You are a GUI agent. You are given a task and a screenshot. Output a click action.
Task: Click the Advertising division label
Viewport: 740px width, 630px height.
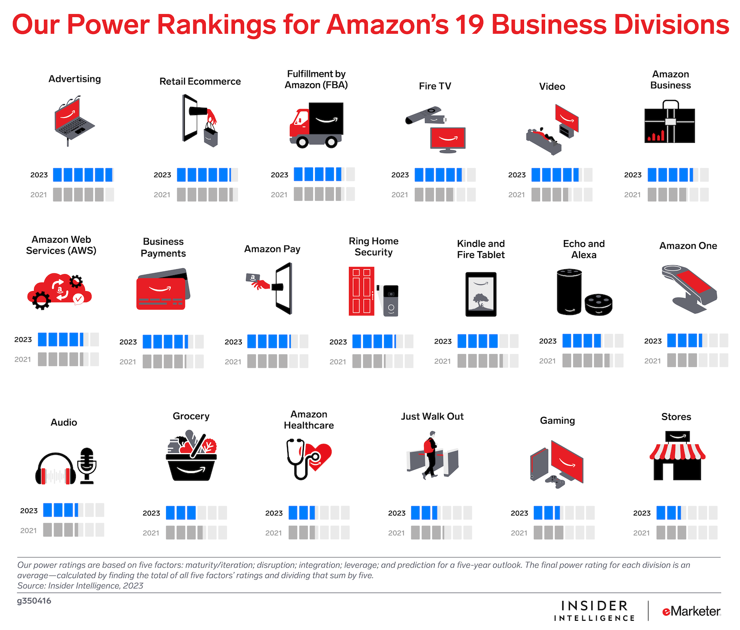click(x=74, y=79)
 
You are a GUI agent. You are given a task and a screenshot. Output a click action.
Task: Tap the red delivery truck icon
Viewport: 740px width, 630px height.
click(x=316, y=125)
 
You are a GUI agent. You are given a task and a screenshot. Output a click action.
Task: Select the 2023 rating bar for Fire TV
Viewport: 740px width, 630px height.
click(x=445, y=175)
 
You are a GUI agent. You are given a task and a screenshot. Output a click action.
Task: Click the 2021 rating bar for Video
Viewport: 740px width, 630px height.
click(x=561, y=195)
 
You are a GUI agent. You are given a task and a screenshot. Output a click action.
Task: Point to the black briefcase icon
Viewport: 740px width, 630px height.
click(x=669, y=124)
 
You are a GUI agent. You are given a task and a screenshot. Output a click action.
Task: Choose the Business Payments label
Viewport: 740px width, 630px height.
click(x=163, y=247)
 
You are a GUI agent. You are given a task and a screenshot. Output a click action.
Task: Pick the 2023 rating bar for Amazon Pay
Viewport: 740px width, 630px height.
click(x=277, y=341)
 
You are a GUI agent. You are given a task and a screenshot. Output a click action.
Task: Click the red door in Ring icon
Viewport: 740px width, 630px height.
click(x=361, y=291)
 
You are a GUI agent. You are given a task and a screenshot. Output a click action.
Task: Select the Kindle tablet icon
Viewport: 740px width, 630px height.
click(x=481, y=294)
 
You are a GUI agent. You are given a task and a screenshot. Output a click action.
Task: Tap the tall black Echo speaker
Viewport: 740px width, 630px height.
click(x=569, y=292)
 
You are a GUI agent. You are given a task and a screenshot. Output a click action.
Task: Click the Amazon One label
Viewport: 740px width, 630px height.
click(x=688, y=246)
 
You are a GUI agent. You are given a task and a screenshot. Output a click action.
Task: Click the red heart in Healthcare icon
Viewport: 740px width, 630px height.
click(x=321, y=456)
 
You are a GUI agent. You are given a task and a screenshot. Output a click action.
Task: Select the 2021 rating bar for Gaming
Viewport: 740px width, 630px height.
click(x=564, y=533)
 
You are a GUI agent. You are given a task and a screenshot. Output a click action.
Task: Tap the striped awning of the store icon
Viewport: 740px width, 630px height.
click(x=677, y=452)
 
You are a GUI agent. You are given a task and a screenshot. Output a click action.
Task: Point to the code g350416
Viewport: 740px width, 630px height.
click(x=34, y=601)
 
